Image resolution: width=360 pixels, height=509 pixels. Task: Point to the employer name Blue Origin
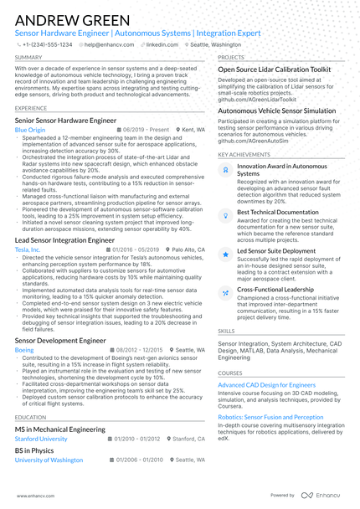(30, 131)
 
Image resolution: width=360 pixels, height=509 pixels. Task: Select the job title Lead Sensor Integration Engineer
(64, 240)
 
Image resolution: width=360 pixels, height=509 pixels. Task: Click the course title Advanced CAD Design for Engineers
(267, 384)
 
